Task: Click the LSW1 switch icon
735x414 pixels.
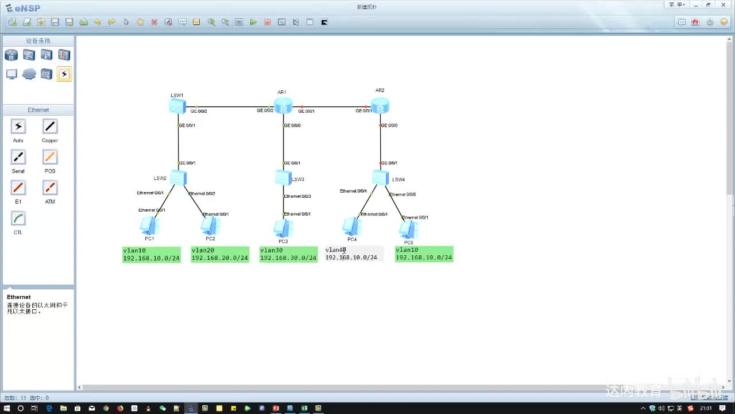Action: (x=177, y=106)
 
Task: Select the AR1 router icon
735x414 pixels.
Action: (x=283, y=106)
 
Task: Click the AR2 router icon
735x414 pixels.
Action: (x=380, y=106)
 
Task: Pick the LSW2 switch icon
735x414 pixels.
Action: (x=178, y=178)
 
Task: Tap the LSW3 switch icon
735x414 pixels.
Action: (x=283, y=178)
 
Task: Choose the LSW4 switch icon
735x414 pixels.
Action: (x=380, y=178)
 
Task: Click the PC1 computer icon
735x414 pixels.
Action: (x=150, y=226)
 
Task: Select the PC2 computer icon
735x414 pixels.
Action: (x=210, y=226)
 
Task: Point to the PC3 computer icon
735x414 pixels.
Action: (x=283, y=229)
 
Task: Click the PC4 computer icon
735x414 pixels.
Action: (x=351, y=227)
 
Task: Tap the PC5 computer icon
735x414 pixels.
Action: (x=408, y=230)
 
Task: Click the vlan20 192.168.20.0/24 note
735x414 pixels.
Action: (x=220, y=254)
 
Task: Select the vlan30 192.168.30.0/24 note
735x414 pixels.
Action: (x=288, y=254)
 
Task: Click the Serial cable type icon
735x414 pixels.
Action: (x=18, y=157)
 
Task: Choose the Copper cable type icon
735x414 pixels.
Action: (x=50, y=126)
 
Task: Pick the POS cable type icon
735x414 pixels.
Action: (x=50, y=157)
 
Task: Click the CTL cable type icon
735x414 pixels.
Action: (x=18, y=218)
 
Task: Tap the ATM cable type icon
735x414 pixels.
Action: (x=50, y=188)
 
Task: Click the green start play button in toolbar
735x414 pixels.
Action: (x=253, y=22)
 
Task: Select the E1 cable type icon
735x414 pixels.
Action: (x=18, y=188)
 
